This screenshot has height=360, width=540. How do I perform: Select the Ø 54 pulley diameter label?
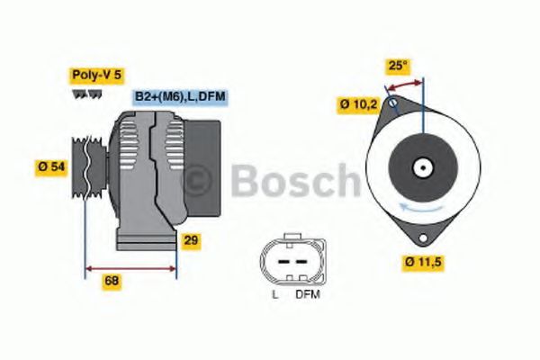(50, 166)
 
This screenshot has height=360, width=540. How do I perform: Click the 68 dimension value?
(112, 280)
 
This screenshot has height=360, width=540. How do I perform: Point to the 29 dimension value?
(191, 240)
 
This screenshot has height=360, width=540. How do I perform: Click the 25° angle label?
(398, 65)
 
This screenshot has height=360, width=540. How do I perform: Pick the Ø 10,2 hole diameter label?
(357, 103)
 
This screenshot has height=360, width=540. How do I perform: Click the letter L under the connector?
(274, 293)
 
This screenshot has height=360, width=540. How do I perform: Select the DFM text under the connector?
(308, 293)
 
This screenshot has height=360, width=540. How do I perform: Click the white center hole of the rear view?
(421, 167)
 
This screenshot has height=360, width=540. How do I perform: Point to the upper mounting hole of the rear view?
(392, 104)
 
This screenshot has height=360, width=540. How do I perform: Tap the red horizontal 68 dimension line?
(130, 267)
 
